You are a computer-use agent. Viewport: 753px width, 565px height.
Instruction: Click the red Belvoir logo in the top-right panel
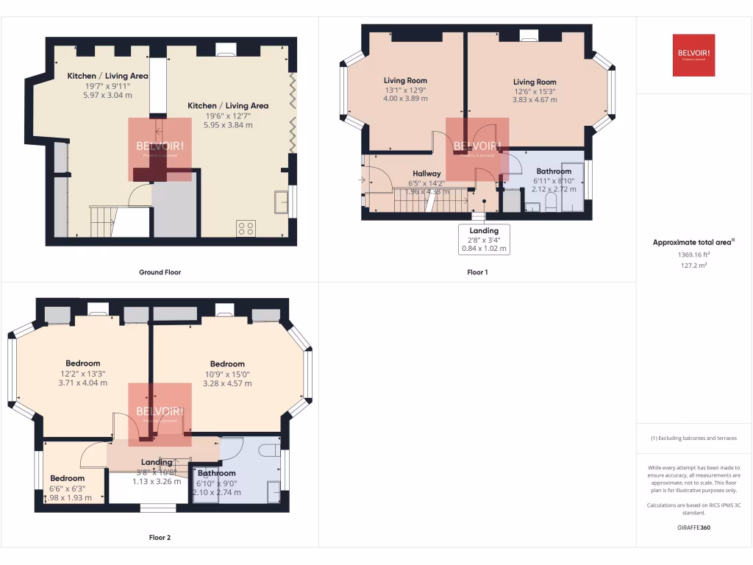point(693,55)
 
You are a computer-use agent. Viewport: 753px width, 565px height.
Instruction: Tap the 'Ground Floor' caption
point(160,272)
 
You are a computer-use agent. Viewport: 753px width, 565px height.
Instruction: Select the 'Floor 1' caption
point(477,272)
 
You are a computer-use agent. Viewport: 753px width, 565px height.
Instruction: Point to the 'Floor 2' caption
point(160,538)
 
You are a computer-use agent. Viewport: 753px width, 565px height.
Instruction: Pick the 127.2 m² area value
point(694,266)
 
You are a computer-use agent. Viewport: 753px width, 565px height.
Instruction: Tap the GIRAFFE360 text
point(694,527)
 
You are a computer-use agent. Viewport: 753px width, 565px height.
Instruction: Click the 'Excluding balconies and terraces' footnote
point(693,438)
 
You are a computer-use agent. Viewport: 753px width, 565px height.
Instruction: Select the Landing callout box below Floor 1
point(484,240)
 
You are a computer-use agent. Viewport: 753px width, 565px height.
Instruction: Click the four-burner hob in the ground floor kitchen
point(246,228)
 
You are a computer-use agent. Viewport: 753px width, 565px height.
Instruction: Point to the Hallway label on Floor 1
point(427,174)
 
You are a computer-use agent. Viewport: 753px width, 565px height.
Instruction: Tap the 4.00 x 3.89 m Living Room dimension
point(405,99)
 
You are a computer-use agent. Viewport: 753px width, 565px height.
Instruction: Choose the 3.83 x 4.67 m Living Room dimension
point(535,100)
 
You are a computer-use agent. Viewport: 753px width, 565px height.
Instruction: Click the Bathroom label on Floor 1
point(554,171)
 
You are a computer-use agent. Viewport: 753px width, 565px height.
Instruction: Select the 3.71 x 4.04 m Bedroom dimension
point(82,383)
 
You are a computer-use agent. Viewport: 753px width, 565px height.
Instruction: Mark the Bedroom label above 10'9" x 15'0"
point(227,363)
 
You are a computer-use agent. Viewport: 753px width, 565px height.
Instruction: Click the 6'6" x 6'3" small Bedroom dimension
point(67,488)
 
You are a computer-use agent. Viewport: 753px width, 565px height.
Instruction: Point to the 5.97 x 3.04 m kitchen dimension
point(107,95)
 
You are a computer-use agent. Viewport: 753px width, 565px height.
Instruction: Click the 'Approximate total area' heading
point(693,242)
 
